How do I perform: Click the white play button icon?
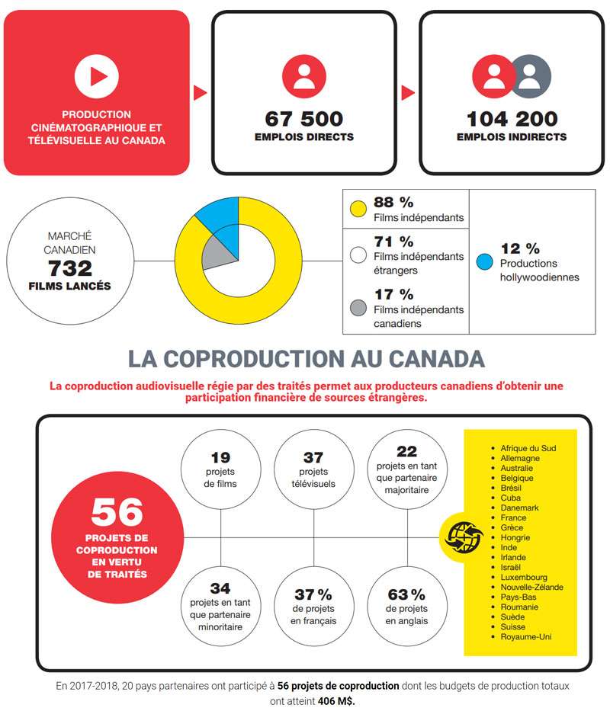(97, 76)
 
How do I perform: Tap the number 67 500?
(304, 119)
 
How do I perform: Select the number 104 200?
(512, 119)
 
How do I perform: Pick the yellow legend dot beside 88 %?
(358, 209)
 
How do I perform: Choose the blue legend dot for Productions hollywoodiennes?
(485, 261)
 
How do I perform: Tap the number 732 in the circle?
(70, 268)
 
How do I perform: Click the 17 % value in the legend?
(393, 294)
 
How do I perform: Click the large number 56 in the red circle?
(117, 512)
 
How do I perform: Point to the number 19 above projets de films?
(220, 457)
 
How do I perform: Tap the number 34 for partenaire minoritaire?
(220, 588)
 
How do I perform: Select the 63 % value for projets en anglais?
(406, 594)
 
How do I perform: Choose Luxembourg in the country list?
(524, 577)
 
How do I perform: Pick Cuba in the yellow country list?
(511, 498)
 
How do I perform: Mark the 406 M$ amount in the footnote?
(335, 701)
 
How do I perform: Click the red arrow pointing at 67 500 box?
(200, 92)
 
